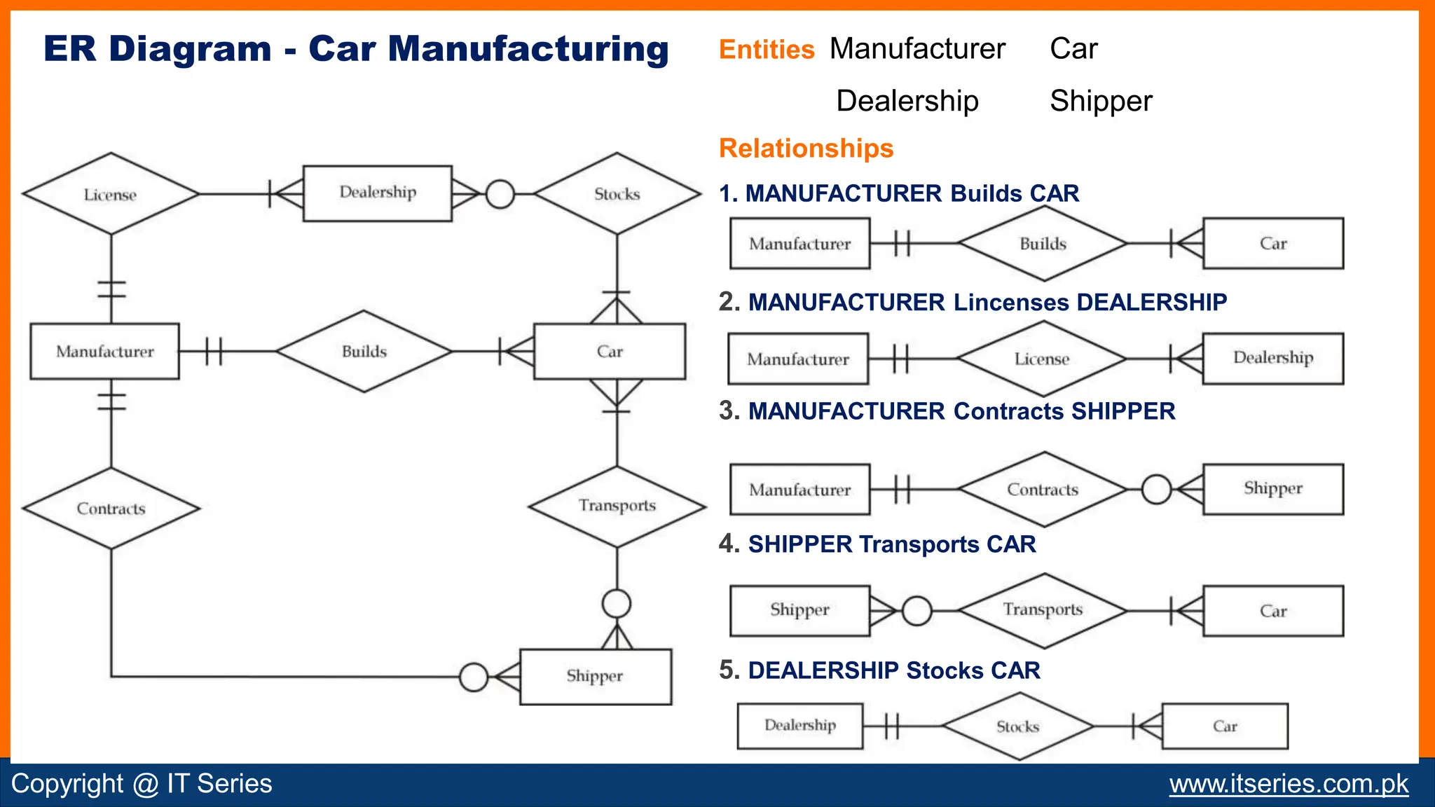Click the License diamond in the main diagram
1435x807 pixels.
111,194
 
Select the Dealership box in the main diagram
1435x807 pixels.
378,193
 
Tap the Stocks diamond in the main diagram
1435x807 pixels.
617,194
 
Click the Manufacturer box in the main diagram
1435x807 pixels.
105,351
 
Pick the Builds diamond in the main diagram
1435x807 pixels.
364,351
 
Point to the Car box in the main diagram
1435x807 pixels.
610,351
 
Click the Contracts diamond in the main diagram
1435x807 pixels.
111,509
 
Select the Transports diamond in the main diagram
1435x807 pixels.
617,506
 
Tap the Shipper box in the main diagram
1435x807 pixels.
595,676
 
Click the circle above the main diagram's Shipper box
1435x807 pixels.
617,603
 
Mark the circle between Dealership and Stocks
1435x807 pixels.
500,194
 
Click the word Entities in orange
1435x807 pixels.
767,50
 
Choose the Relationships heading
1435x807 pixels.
806,149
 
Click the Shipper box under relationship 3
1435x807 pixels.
1273,488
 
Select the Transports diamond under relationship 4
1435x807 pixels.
1043,610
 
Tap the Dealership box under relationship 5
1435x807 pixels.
799,726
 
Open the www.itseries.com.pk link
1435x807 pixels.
1289,784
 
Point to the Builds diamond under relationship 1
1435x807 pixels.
1043,244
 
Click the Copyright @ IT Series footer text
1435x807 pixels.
142,784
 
